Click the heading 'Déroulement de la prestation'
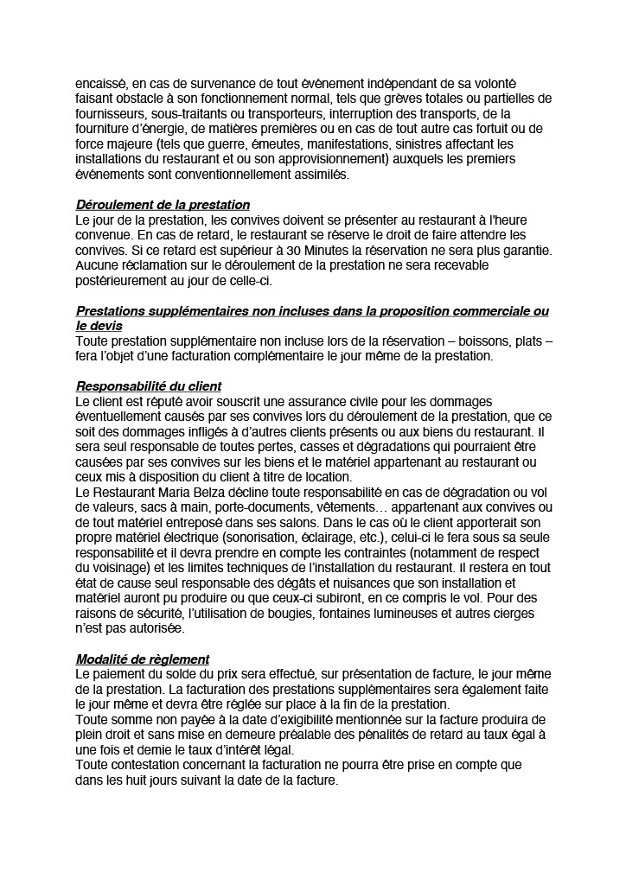point(163,205)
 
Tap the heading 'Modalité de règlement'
point(142,659)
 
